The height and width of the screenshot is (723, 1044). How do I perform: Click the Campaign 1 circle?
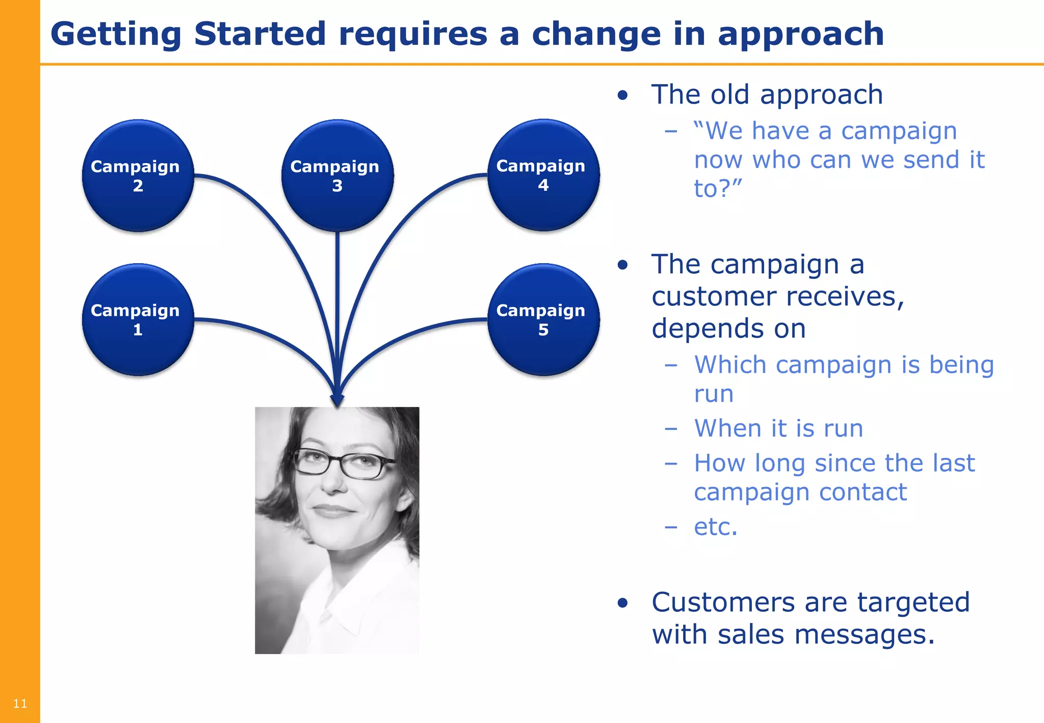pos(138,320)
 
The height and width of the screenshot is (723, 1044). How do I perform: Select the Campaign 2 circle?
pos(138,176)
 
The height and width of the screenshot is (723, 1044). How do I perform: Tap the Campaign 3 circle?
pos(337,176)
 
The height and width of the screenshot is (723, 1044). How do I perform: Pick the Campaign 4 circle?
pos(543,175)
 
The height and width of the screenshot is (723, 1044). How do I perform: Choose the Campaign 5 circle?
pos(543,320)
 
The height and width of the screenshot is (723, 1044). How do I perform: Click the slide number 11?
pos(20,704)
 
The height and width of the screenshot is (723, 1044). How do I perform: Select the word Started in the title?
pos(260,34)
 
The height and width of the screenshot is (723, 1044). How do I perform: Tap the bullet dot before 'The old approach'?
pos(622,95)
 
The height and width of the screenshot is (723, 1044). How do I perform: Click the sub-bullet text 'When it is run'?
pos(778,428)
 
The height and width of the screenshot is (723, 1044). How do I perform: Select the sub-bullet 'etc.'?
pos(715,527)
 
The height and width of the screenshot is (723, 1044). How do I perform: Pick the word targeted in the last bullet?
pos(913,603)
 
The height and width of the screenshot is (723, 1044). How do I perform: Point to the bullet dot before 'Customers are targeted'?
pos(622,603)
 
